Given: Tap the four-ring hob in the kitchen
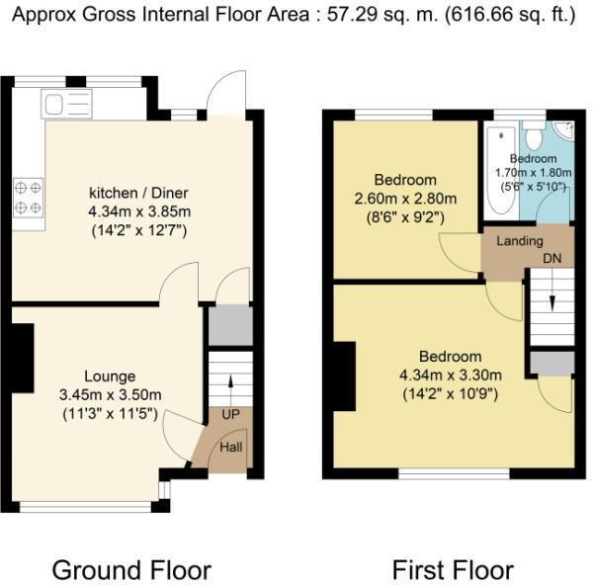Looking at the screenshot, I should pyautogui.click(x=28, y=197).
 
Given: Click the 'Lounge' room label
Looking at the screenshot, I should pyautogui.click(x=109, y=376).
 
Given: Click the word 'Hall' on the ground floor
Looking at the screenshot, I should pyautogui.click(x=230, y=446).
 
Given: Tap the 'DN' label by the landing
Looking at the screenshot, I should pyautogui.click(x=551, y=258).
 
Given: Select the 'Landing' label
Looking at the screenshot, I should pyautogui.click(x=519, y=241).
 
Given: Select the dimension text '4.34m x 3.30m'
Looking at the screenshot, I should pyautogui.click(x=450, y=375).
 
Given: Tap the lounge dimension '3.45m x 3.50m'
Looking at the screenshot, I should pyautogui.click(x=109, y=394).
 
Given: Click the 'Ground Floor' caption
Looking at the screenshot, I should pyautogui.click(x=130, y=570).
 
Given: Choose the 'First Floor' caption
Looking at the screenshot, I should pyautogui.click(x=453, y=570).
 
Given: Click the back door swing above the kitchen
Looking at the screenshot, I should pyautogui.click(x=227, y=91).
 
